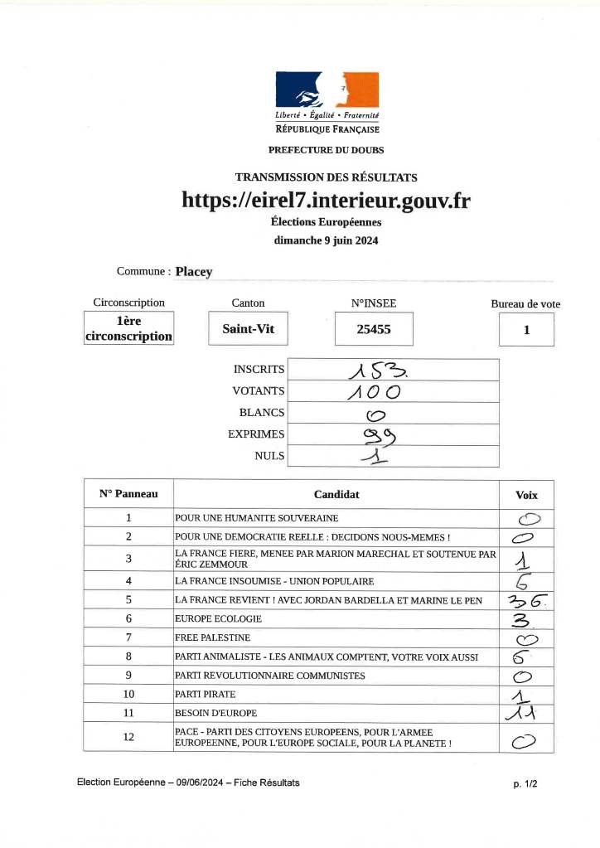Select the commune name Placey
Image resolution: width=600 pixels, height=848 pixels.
coord(195,271)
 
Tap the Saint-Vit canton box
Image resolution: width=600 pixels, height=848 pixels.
coord(248,329)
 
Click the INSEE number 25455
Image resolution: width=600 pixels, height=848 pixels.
coord(373,329)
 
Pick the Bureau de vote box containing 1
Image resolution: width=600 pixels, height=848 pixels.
coord(526,330)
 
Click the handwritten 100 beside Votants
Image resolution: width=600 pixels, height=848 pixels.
coord(375,391)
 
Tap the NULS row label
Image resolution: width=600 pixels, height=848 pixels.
coord(269,455)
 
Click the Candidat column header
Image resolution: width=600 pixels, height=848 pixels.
coord(336,495)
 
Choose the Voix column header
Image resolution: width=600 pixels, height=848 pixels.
coord(526,495)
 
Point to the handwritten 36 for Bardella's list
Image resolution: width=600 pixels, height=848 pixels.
coord(525,600)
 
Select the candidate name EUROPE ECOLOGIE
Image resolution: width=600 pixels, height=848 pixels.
coord(219,618)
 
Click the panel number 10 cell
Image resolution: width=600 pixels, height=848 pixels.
coord(128,694)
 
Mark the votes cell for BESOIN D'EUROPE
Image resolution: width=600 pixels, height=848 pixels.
coord(525,713)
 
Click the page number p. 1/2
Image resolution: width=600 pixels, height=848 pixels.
coord(525,783)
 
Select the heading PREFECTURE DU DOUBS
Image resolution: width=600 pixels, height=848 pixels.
coord(326,150)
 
